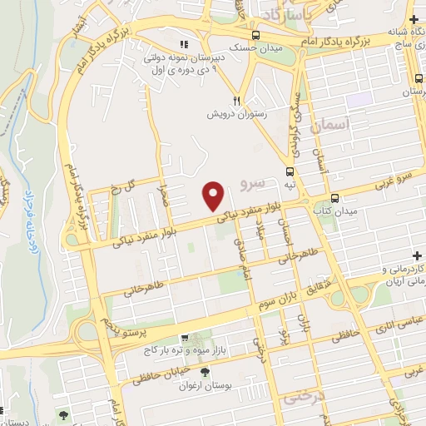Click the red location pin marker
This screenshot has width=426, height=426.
(x=214, y=196)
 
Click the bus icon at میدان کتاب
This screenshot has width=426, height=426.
(x=334, y=198)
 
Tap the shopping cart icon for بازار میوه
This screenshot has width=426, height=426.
(x=185, y=339)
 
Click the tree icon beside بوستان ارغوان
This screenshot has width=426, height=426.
(x=205, y=371)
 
